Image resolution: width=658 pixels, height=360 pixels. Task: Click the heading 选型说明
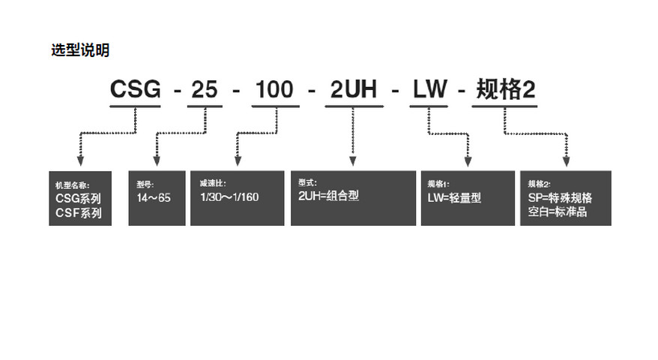coord(80,51)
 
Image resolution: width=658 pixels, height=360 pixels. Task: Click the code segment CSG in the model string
coord(136,91)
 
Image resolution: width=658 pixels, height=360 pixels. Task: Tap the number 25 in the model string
coord(204,91)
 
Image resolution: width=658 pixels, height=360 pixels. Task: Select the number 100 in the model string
coord(275,91)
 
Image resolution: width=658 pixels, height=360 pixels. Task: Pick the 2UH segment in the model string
coord(353,91)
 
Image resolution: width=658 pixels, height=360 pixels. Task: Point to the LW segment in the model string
coord(428,91)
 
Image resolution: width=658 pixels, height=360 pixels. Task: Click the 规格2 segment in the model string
coord(504,91)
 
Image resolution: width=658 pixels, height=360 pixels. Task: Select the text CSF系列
coord(78,212)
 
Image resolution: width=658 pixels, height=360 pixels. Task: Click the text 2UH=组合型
coord(329,196)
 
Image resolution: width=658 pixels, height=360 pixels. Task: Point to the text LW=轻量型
coord(453,198)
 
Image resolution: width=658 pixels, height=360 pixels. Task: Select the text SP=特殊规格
coord(560,198)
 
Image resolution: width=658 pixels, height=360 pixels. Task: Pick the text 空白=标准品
coord(558,212)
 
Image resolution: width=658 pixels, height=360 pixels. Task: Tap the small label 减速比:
coord(212,183)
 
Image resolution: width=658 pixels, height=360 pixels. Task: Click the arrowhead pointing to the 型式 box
coord(352,162)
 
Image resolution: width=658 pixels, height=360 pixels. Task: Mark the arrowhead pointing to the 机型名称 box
coord(80,162)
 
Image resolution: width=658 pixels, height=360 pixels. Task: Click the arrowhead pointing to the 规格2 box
coord(566,162)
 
